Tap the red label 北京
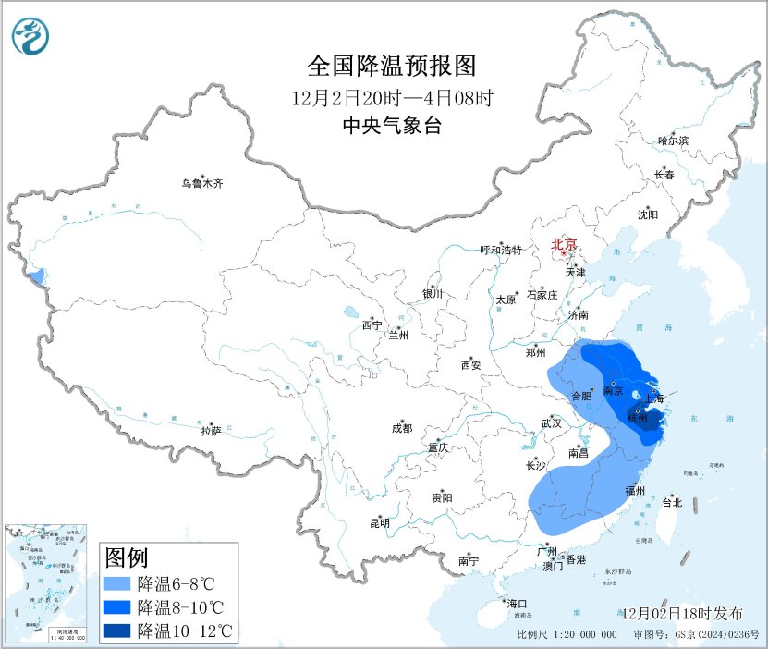point(564,245)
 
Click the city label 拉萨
point(212,430)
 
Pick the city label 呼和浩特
point(501,251)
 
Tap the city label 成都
point(402,428)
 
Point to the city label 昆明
point(380,523)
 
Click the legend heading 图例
point(127,558)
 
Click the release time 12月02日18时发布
point(681,614)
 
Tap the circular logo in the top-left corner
point(31,35)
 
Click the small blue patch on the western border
point(37,276)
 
